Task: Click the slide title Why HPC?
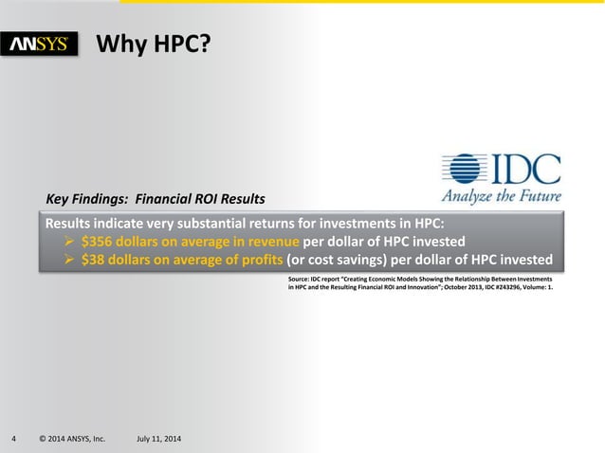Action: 154,43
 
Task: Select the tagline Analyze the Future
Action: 501,197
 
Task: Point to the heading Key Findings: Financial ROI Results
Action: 156,200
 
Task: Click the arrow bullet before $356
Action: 69,241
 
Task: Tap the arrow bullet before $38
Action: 69,259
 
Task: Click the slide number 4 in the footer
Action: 13,439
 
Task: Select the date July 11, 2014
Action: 161,439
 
